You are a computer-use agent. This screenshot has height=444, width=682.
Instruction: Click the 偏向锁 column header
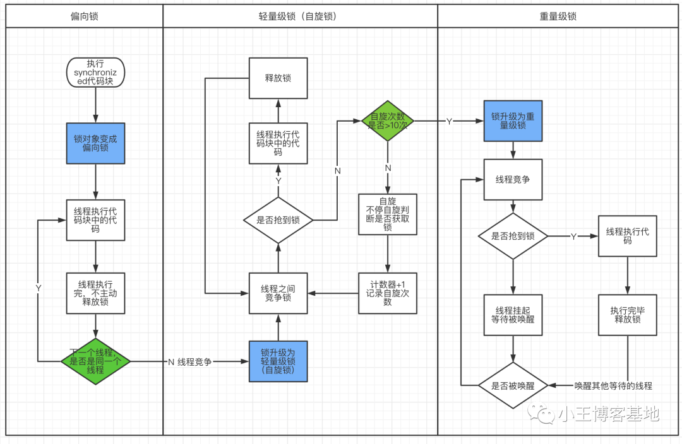[x=85, y=16]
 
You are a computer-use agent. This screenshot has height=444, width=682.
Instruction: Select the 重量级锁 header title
[x=558, y=16]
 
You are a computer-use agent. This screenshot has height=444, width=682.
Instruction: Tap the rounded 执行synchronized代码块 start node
[x=95, y=73]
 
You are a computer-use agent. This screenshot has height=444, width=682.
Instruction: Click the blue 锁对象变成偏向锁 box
[x=96, y=143]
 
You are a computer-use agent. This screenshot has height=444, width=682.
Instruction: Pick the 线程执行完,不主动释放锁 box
[x=96, y=293]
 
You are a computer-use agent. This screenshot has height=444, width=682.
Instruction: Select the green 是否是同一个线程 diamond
[x=96, y=361]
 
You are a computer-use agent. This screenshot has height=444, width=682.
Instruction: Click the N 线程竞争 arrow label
[x=190, y=362]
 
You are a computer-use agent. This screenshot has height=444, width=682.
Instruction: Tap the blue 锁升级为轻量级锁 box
[x=278, y=361]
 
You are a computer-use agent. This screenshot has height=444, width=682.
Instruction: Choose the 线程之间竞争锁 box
[x=278, y=293]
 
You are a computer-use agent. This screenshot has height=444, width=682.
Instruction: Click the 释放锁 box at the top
[x=278, y=78]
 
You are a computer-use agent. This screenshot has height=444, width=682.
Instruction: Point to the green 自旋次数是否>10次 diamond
[x=388, y=121]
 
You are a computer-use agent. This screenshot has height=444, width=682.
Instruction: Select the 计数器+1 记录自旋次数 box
[x=388, y=293]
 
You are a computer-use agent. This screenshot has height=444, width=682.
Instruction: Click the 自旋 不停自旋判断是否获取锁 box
[x=388, y=214]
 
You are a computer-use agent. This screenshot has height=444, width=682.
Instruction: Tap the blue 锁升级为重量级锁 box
[x=513, y=121]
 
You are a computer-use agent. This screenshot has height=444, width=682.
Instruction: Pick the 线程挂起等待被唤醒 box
[x=513, y=315]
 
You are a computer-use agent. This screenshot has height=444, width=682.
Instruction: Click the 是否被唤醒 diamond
[x=513, y=386]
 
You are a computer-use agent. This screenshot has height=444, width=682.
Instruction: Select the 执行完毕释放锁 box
[x=628, y=315]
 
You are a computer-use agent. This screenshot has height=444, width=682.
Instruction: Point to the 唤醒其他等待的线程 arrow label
[x=613, y=386]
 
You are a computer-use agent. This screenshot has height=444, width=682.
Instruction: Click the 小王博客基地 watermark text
[x=609, y=414]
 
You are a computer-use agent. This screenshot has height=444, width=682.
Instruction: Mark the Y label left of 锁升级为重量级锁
[x=450, y=122]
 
